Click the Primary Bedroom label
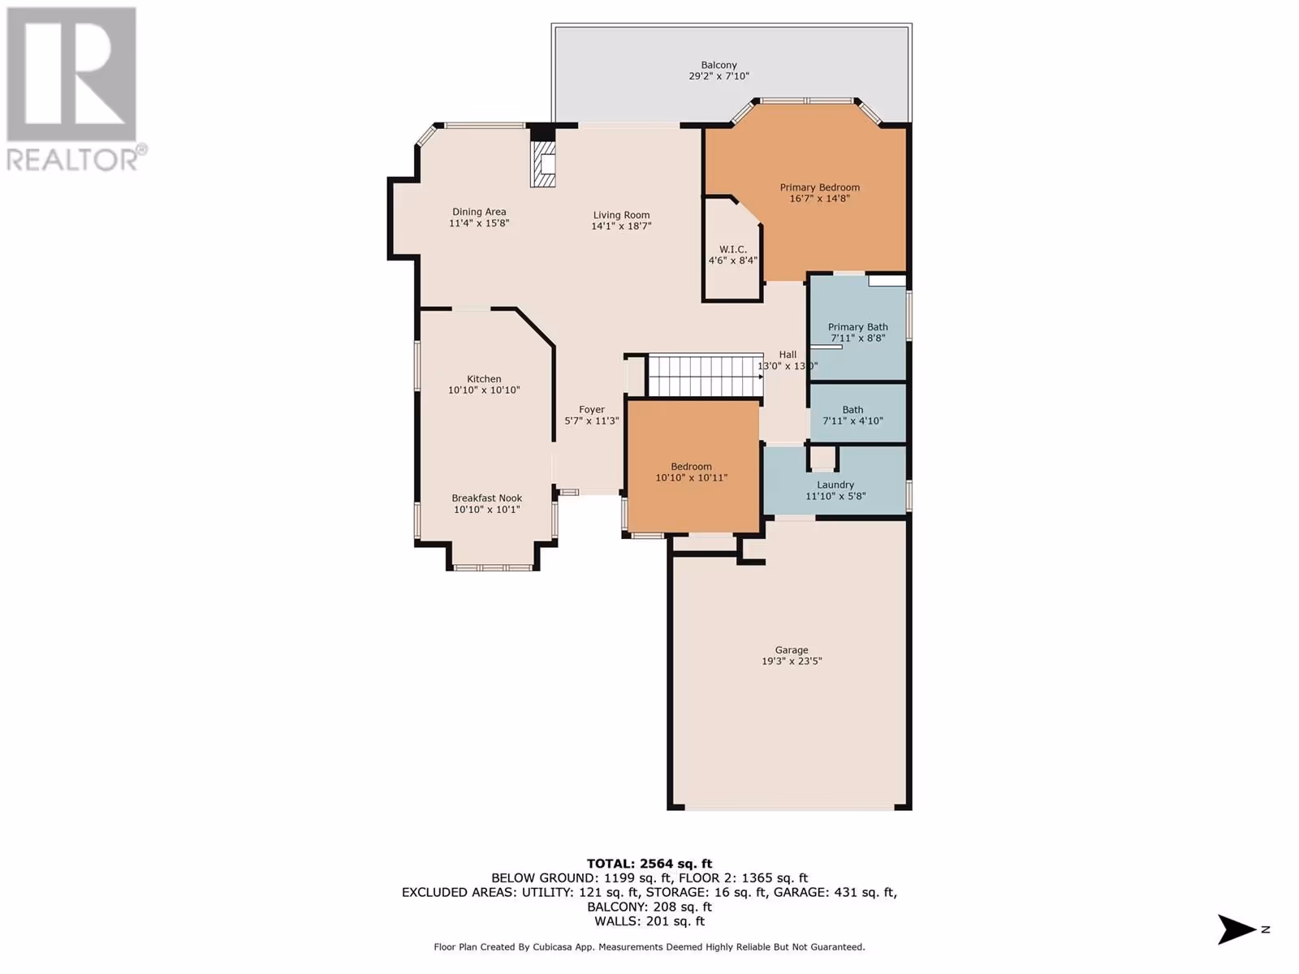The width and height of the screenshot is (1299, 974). click(x=820, y=187)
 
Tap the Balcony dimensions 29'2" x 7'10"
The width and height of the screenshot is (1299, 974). click(x=719, y=76)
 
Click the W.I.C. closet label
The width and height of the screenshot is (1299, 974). click(x=732, y=249)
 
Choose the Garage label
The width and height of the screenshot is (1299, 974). click(x=792, y=650)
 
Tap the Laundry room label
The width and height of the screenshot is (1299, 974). click(x=835, y=485)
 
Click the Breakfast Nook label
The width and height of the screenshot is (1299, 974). click(x=487, y=498)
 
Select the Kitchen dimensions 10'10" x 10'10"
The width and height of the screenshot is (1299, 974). click(x=484, y=390)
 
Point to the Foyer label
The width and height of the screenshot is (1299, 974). click(x=592, y=410)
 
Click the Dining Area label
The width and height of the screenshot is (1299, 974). click(x=479, y=212)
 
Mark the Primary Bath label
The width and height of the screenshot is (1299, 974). click(x=858, y=327)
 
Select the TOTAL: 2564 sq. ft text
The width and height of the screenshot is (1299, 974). click(x=649, y=864)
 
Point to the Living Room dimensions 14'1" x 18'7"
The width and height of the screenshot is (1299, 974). click(x=621, y=226)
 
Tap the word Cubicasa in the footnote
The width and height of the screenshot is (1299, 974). click(x=554, y=946)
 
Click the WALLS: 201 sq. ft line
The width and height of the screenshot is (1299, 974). click(x=649, y=920)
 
